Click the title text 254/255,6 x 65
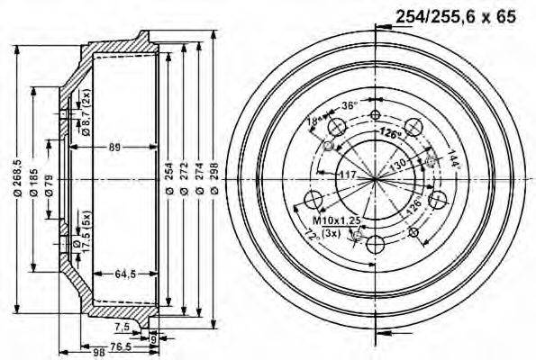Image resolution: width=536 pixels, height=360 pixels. click(x=457, y=15)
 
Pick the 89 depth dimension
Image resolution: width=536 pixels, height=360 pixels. click(x=114, y=146)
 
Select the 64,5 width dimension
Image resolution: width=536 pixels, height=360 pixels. click(x=127, y=274)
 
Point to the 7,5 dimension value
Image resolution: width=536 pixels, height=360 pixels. click(x=123, y=326)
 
